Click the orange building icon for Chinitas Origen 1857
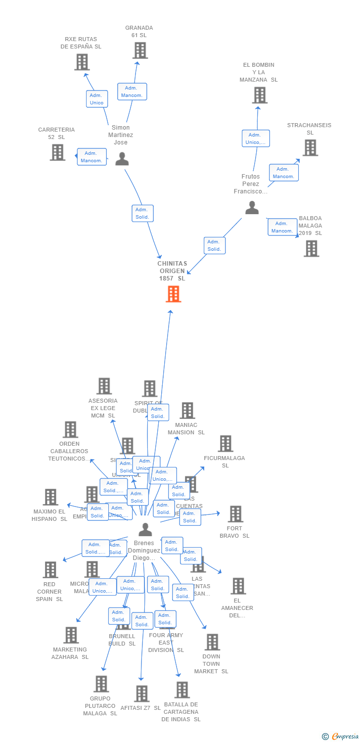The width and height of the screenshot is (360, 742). tap(173, 294)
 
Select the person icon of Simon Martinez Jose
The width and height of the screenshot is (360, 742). tap(122, 159)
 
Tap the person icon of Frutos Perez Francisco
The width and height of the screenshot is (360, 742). tap(252, 208)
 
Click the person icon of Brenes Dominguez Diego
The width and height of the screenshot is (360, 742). tap(145, 530)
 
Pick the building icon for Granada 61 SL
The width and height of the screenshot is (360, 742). tap(140, 50)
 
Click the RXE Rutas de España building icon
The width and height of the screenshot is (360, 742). tap(82, 62)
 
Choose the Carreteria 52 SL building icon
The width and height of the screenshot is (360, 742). tap(57, 152)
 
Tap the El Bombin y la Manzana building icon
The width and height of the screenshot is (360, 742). tap(259, 95)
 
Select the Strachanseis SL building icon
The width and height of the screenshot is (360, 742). tap(310, 147)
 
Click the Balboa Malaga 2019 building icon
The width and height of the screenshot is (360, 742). tap(311, 248)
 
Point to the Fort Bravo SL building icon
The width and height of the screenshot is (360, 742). tap(235, 514)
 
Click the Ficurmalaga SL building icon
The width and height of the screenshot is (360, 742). tap(225, 444)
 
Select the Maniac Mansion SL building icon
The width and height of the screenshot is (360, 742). tap(187, 411)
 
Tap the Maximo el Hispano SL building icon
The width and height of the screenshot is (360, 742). tap(50, 497)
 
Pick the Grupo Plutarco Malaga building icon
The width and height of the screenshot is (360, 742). tap(101, 684)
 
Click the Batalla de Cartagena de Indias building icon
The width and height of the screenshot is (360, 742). tap(182, 690)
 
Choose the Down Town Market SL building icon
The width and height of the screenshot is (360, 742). tap(212, 642)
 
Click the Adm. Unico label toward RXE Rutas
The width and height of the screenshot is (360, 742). tap(97, 99)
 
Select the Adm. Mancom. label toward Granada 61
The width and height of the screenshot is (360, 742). tap(132, 92)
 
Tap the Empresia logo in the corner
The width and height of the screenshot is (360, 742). tap(341, 736)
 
